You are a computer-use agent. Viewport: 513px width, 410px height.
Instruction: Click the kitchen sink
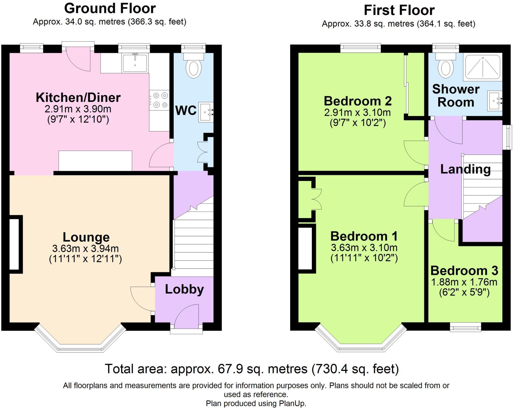click(x=135, y=63)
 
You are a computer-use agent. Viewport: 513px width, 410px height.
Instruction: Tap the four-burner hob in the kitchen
click(x=159, y=100)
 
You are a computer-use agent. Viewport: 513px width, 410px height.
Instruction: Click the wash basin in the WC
click(x=206, y=112)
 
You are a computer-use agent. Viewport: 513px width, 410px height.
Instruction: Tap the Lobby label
click(x=184, y=289)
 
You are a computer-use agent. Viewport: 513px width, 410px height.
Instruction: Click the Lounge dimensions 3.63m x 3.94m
click(x=85, y=248)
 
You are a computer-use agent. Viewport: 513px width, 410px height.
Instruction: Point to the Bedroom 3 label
click(x=464, y=271)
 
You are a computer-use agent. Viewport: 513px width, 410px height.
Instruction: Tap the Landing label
click(x=465, y=169)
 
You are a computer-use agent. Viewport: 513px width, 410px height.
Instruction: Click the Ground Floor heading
click(x=110, y=8)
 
